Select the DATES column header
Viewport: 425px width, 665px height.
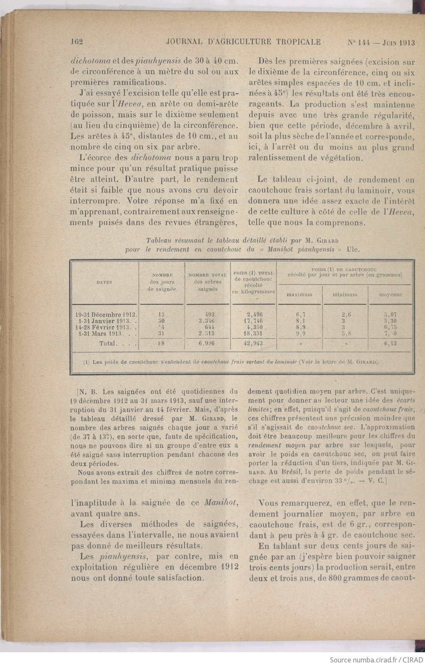[104, 282]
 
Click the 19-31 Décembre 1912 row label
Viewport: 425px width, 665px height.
[106, 315]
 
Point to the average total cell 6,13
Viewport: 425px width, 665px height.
[390, 343]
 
